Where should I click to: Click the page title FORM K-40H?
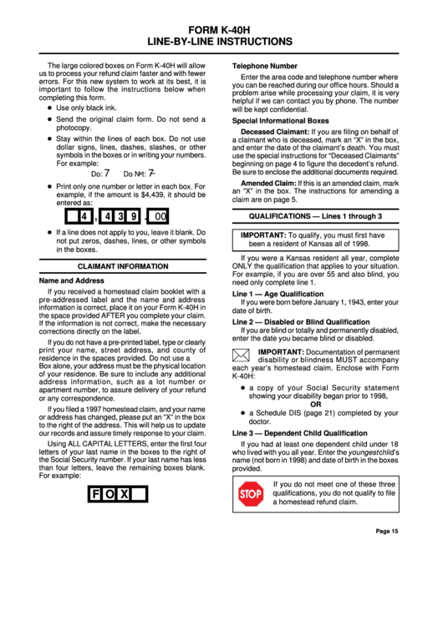(221, 28)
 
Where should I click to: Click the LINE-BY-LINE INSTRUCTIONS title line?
(221, 40)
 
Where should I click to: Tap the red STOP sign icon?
(251, 496)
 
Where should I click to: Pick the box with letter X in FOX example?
(124, 494)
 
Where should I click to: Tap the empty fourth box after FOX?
(139, 494)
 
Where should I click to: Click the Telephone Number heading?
(264, 65)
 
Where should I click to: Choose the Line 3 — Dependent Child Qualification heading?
(299, 434)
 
